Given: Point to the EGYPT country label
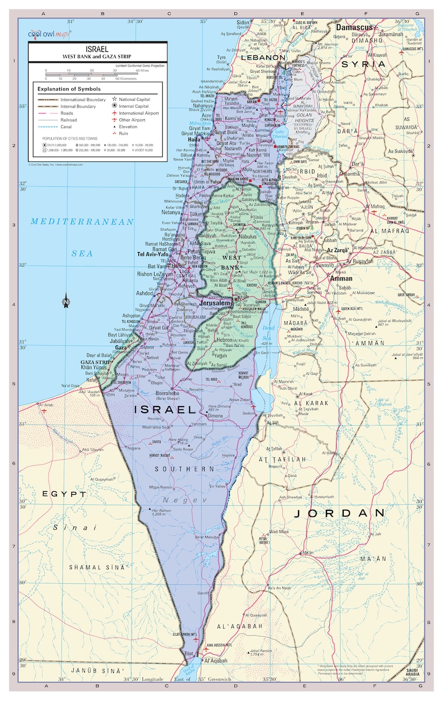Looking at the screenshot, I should pos(64,494).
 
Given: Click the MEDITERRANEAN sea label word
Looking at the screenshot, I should pos(82,222).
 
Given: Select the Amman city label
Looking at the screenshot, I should pos(341,278).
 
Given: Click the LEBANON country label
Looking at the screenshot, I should pos(263,57).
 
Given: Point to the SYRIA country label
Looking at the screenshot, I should pos(363,64).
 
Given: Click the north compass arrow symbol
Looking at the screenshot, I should pos(66,301).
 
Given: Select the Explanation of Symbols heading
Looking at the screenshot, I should pos(69,89).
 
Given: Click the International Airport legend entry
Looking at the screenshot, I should pos(138,113).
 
